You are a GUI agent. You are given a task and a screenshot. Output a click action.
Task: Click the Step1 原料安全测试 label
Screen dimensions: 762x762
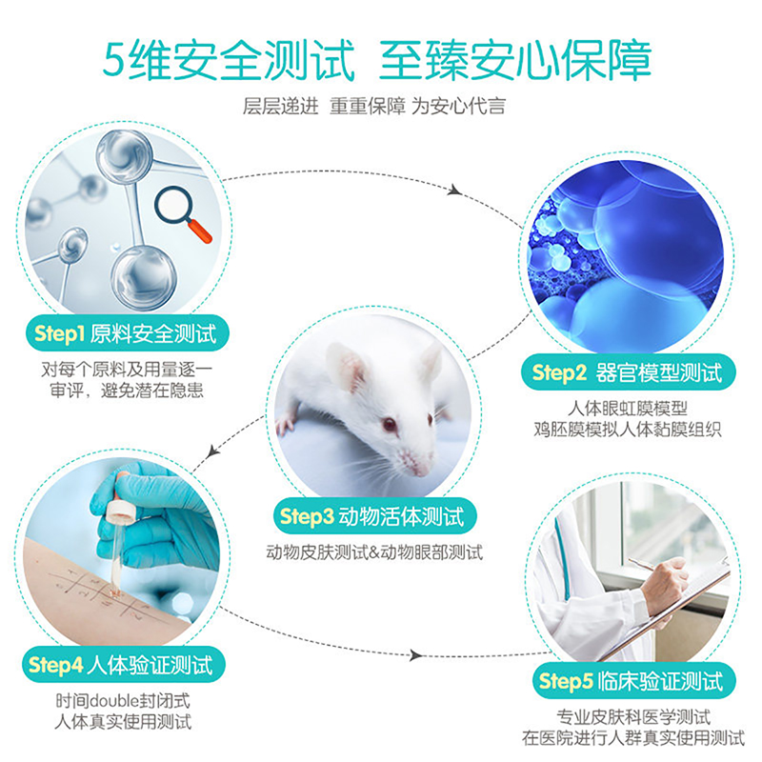coord(128,333)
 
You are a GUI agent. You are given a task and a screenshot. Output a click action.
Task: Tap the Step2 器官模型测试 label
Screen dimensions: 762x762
coord(628,372)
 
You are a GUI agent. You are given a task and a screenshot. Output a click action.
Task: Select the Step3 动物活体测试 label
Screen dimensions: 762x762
coord(374,516)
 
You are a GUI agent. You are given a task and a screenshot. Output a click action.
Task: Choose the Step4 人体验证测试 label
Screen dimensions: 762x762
coord(124,665)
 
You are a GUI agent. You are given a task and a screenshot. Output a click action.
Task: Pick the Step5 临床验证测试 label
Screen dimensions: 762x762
coord(634,680)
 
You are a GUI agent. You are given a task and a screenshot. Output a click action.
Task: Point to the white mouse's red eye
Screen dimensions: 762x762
coord(390,424)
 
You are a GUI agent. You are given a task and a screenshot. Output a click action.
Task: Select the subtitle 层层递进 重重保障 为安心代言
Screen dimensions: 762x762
coord(374,106)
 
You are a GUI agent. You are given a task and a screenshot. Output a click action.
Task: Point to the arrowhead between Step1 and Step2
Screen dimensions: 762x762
coord(455,190)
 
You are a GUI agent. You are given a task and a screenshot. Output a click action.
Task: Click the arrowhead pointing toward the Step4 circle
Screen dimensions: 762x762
coord(212,452)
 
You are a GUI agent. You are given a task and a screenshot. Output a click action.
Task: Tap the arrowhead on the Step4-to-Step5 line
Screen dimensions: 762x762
coord(415,655)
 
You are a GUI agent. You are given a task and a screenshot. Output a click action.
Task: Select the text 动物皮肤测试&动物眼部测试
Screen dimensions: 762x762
coord(374,552)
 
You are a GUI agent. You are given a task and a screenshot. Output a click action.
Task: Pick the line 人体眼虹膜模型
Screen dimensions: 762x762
coord(628,409)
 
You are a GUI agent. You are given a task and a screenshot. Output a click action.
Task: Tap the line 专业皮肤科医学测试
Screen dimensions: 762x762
coord(633,717)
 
